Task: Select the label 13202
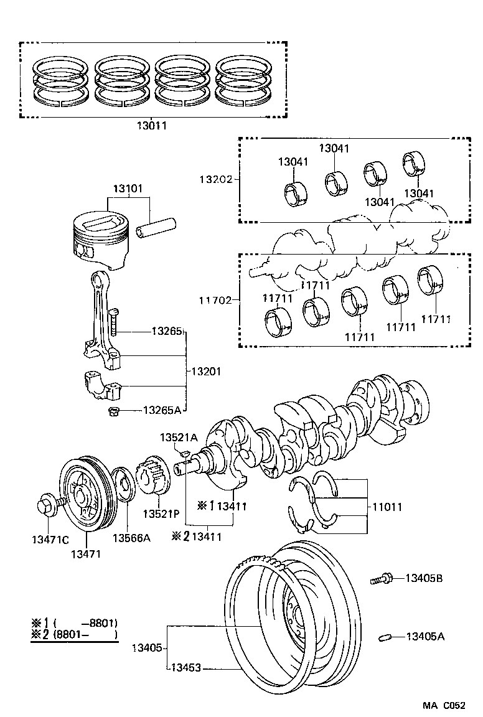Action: click(215, 179)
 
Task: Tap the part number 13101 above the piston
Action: click(128, 189)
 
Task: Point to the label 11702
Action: click(215, 300)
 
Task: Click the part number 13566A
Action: click(131, 538)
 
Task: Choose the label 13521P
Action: click(161, 514)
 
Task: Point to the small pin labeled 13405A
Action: click(385, 637)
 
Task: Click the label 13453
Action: click(185, 668)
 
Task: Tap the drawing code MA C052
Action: click(444, 706)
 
